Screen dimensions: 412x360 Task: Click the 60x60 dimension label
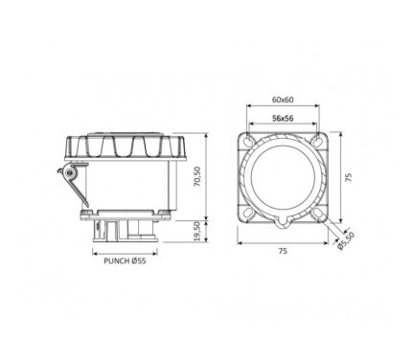283,100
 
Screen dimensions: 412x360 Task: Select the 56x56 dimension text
283,119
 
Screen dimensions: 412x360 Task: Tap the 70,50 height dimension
197,176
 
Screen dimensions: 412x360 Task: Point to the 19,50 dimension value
197,231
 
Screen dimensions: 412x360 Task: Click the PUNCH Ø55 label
125,261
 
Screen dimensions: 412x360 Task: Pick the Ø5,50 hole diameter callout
346,241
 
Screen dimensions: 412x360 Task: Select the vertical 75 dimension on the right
349,177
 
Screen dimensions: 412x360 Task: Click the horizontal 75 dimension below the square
283,251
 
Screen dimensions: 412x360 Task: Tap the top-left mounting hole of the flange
248,141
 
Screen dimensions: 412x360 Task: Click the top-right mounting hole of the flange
317,141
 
